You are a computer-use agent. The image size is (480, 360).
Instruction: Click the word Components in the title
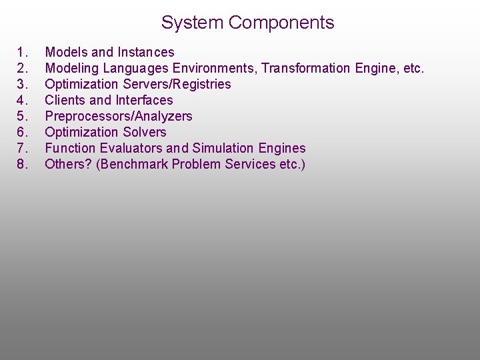(281, 23)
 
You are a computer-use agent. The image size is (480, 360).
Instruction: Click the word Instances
(146, 52)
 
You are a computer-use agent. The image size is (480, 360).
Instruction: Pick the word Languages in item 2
(137, 68)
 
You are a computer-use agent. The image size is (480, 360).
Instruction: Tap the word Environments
(215, 68)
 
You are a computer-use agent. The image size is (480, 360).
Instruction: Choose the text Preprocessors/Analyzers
(118, 116)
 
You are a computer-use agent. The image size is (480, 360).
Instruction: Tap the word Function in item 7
(69, 148)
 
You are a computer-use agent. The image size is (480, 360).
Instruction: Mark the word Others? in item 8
(68, 164)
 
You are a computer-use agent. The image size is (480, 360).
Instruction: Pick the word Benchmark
(132, 164)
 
